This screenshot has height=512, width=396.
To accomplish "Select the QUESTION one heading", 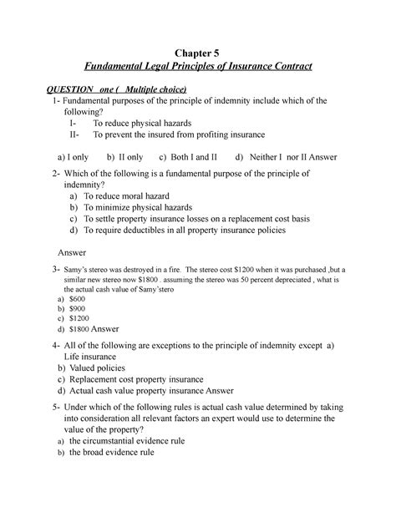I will [117, 89].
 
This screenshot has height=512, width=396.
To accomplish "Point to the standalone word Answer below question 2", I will [72, 251].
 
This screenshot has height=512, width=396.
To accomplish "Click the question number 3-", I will [54, 270].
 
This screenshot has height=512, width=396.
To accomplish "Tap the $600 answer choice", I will [77, 298].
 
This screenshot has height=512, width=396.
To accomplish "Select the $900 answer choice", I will [77, 307].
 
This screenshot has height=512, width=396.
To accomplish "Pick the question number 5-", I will [55, 408].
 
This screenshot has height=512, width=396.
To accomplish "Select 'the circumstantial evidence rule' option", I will [126, 440].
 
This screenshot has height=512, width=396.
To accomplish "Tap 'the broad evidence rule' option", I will [112, 452].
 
